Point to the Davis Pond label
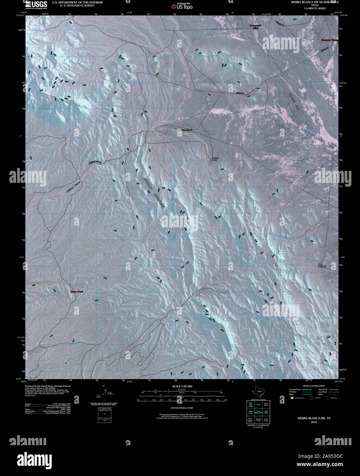click(x=76, y=292)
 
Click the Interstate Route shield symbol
click(x=292, y=398)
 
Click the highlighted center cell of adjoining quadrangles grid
click(x=258, y=413)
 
